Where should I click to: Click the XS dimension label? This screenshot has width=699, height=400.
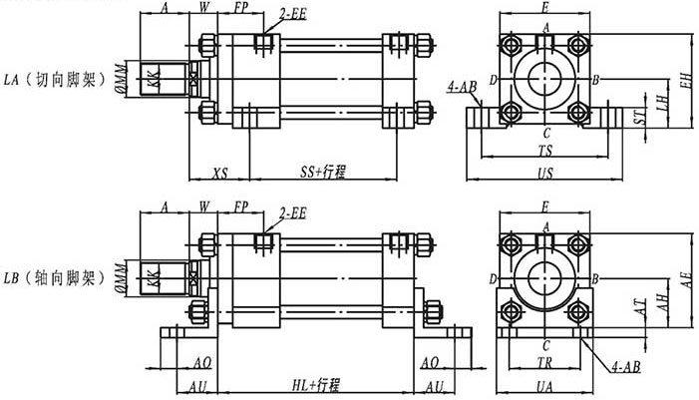coord(220,173)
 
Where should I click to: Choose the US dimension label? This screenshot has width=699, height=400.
coord(545,173)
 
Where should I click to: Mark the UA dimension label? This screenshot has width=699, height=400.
coord(545,386)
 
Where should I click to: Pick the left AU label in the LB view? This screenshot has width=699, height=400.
coord(199,386)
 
